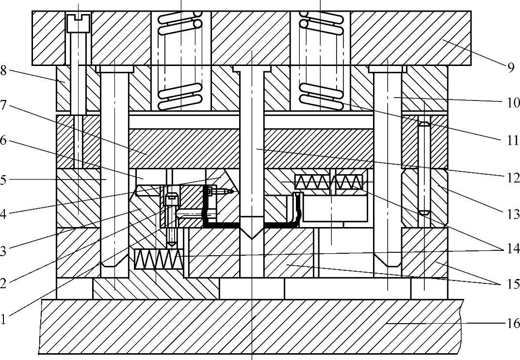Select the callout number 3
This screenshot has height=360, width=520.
[4, 250]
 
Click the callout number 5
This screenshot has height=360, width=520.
[4, 180]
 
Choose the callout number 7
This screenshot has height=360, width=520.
[4, 105]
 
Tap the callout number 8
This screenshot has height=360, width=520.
[4, 70]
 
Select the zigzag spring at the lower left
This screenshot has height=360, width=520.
[157, 259]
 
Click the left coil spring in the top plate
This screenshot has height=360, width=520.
[181, 61]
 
